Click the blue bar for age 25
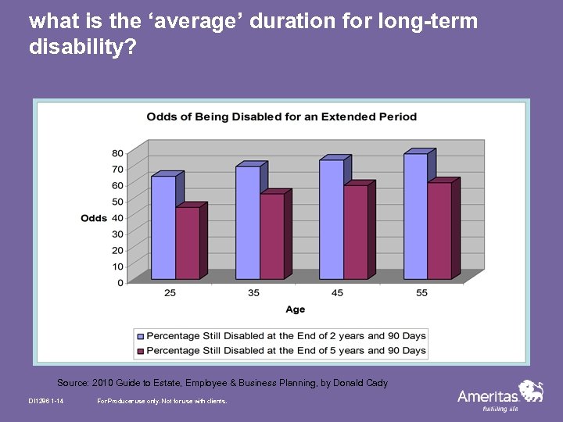tap(163, 227)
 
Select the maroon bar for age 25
tap(188, 243)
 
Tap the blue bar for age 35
tap(247, 223)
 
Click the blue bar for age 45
tap(332, 220)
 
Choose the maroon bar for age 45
tap(356, 232)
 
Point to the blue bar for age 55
tap(415, 216)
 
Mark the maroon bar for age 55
tap(439, 231)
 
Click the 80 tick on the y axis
tap(117, 152)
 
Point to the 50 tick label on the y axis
tap(117, 202)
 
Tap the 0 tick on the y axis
tap(120, 283)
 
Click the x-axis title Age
tap(296, 310)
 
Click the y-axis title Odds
tap(94, 218)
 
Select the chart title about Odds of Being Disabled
tap(281, 117)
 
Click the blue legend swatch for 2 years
tap(141, 336)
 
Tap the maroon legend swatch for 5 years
tap(141, 351)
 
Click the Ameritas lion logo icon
tap(532, 391)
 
